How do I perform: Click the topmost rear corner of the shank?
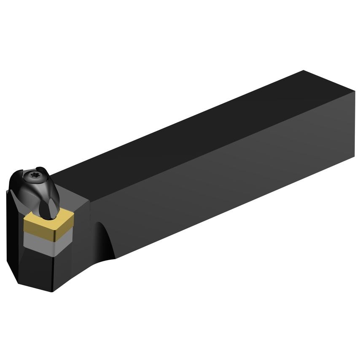coord(304,71)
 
